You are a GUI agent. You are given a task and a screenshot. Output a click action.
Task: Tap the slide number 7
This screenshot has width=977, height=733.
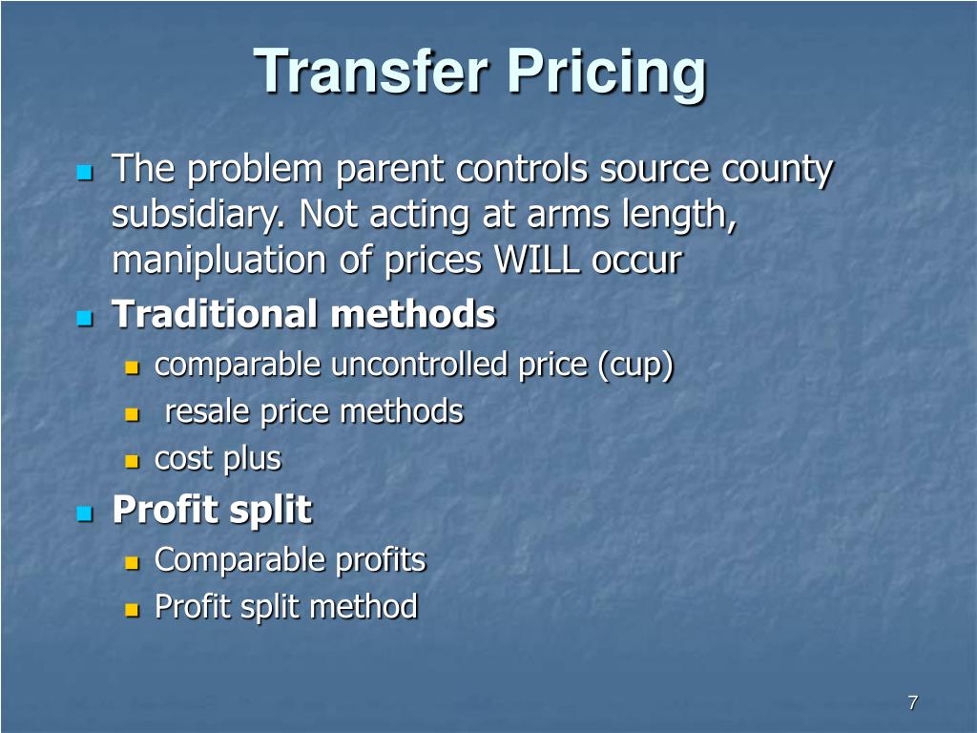tap(912, 703)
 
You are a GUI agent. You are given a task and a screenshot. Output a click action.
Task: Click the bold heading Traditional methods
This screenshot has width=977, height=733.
tap(304, 313)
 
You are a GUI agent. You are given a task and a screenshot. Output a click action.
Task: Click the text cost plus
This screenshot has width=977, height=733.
tap(218, 459)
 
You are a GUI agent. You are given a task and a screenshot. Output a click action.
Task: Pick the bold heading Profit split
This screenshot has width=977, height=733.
tap(212, 510)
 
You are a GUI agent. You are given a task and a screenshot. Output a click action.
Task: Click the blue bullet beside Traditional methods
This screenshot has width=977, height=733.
tap(83, 316)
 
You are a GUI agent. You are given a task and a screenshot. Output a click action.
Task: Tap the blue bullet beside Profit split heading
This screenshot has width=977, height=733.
tap(83, 513)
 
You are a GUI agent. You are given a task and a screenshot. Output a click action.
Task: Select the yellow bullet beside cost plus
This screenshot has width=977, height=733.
tap(133, 461)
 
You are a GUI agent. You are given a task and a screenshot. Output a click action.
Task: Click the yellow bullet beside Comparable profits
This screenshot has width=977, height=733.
tap(133, 561)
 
